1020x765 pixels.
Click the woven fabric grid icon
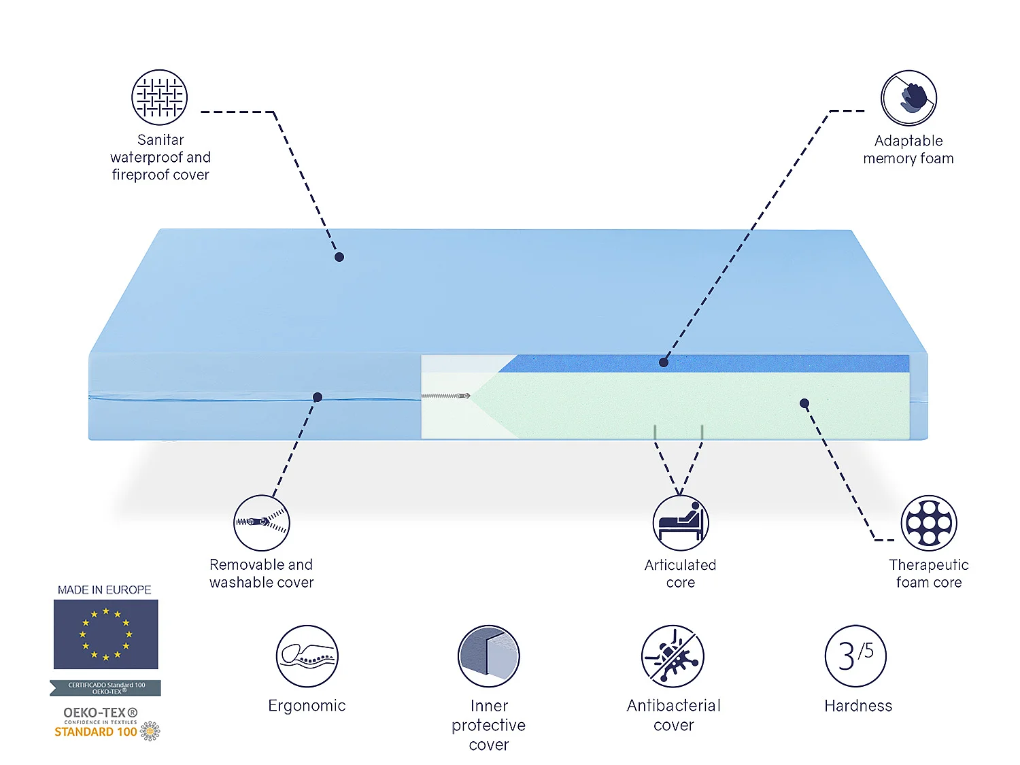pyautogui.click(x=159, y=97)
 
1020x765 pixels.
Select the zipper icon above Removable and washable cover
pyautogui.click(x=261, y=522)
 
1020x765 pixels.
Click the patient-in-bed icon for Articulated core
pyautogui.click(x=680, y=523)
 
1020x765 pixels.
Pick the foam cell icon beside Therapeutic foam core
pyautogui.click(x=928, y=523)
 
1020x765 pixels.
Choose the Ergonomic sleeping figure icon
pyautogui.click(x=307, y=656)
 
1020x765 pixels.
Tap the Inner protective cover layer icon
pyautogui.click(x=488, y=656)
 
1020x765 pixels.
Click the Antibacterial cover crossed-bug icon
pyautogui.click(x=673, y=656)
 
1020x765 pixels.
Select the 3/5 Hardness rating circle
pyautogui.click(x=855, y=656)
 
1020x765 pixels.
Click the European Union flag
pyautogui.click(x=105, y=634)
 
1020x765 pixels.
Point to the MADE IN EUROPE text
pyautogui.click(x=104, y=590)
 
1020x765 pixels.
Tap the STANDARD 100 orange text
pyautogui.click(x=95, y=732)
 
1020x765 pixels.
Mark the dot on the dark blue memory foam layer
pyautogui.click(x=663, y=362)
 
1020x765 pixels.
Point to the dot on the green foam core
pyautogui.click(x=804, y=403)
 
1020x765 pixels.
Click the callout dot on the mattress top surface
pyautogui.click(x=339, y=257)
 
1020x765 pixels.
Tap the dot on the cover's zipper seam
pyautogui.click(x=318, y=397)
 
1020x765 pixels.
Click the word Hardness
pyautogui.click(x=858, y=706)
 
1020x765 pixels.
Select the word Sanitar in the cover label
pyautogui.click(x=160, y=140)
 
